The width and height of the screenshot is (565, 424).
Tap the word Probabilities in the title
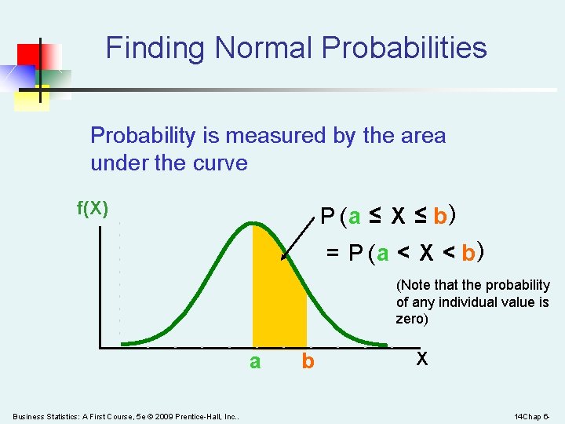click(x=403, y=49)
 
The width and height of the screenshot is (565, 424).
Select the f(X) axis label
click(x=92, y=208)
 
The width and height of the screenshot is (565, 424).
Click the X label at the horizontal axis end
click(x=422, y=359)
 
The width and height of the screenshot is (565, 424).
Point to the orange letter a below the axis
click(x=255, y=362)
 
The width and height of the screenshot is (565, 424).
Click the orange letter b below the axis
click(x=308, y=362)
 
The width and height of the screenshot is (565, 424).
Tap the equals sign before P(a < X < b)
click(x=333, y=254)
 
